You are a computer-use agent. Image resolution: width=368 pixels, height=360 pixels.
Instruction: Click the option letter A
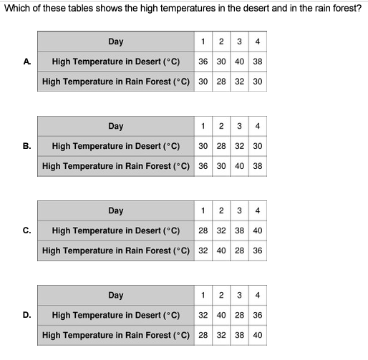[26, 62]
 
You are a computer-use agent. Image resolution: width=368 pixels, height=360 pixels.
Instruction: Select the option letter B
[26, 146]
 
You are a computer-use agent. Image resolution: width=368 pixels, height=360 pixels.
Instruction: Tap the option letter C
[26, 230]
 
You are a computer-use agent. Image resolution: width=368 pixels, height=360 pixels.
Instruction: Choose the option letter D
[26, 315]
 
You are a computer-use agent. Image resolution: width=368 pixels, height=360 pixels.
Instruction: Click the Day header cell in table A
[116, 42]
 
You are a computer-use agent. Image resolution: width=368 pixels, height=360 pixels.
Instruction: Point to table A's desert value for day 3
[239, 62]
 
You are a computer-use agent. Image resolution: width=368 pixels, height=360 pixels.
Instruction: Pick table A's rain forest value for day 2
[221, 82]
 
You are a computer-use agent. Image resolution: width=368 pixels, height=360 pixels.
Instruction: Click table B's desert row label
[116, 146]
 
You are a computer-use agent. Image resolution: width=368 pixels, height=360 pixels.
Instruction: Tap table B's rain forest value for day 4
[258, 166]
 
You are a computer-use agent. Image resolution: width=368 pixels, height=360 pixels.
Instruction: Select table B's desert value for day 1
[203, 146]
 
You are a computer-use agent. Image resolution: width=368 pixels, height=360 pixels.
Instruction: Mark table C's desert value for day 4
[258, 230]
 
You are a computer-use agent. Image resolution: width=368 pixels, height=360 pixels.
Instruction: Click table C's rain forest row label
[116, 250]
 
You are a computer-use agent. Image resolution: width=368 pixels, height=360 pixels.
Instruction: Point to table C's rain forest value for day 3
[239, 250]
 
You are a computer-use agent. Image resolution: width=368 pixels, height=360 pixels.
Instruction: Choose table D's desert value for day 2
[221, 315]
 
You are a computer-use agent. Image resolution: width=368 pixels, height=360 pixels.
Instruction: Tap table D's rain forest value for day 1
[203, 335]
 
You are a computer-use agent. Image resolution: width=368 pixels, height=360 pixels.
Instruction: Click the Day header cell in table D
[116, 296]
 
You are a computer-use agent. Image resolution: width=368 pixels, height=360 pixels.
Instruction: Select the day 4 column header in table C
[258, 210]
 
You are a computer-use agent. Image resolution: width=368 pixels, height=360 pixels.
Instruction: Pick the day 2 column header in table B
[221, 126]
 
